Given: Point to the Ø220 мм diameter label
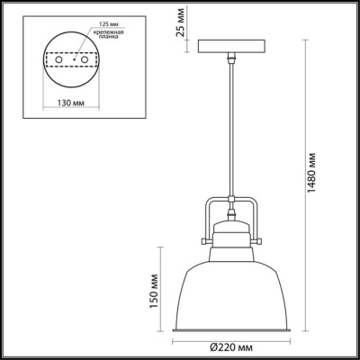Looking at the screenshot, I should (x=229, y=346).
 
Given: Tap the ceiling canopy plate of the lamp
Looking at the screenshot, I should (x=230, y=47).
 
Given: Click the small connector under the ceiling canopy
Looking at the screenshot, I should (x=230, y=58).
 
